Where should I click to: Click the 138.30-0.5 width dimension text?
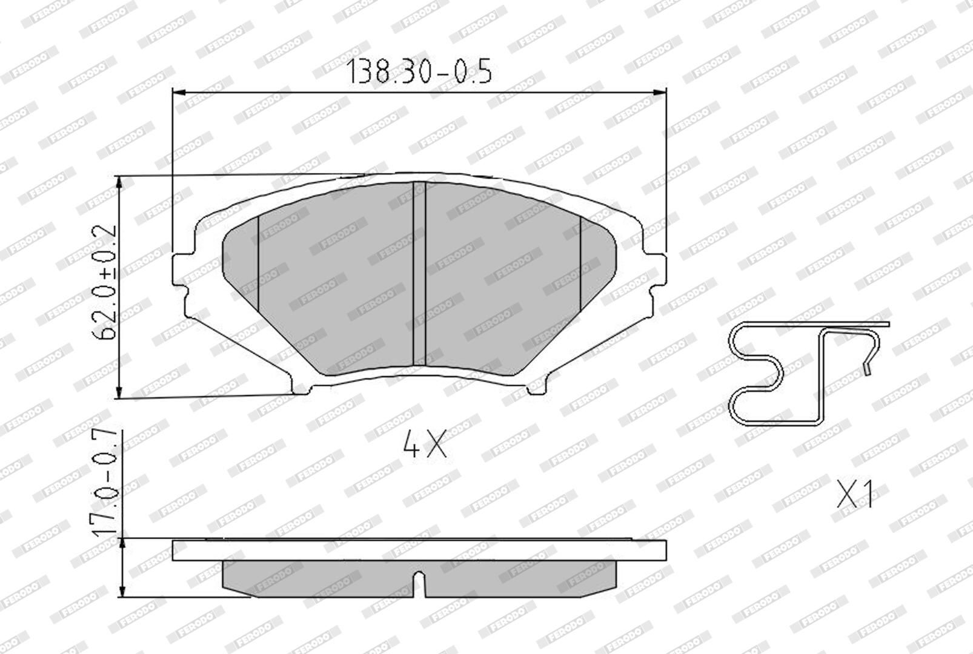(x=419, y=71)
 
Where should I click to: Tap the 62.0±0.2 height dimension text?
(x=104, y=282)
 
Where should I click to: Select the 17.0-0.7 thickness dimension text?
(x=105, y=483)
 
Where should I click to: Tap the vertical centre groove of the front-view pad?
(x=419, y=274)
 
